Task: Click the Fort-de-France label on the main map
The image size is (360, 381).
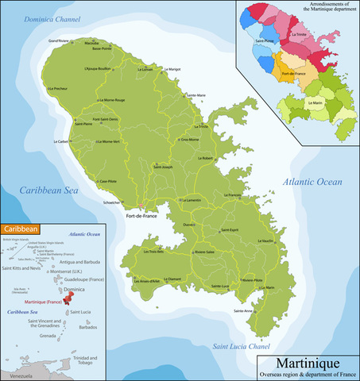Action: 144,215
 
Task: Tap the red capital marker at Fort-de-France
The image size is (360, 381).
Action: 141,207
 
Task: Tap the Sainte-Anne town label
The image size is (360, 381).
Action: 242,310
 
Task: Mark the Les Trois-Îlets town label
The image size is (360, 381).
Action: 154,252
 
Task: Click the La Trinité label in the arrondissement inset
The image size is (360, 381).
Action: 300,35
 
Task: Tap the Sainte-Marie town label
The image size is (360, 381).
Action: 195,95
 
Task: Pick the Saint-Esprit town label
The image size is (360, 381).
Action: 230,230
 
